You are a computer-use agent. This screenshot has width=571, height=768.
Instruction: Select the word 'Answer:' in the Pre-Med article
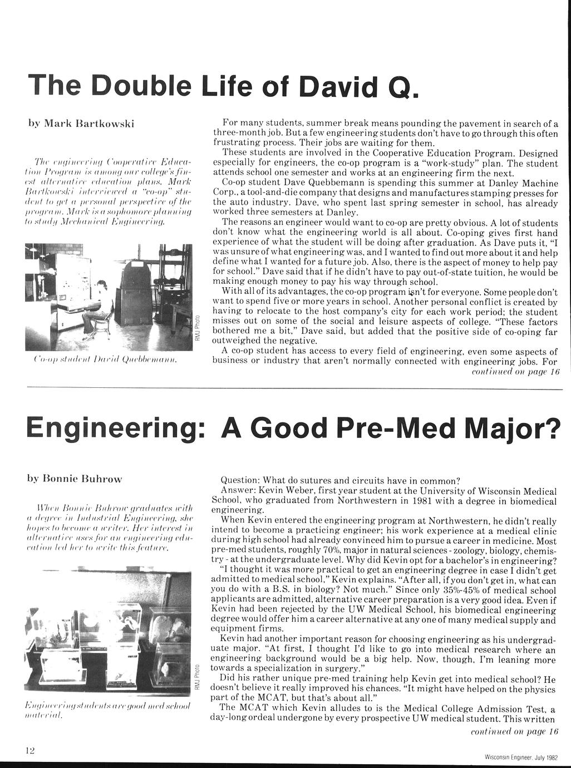pos(238,490)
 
